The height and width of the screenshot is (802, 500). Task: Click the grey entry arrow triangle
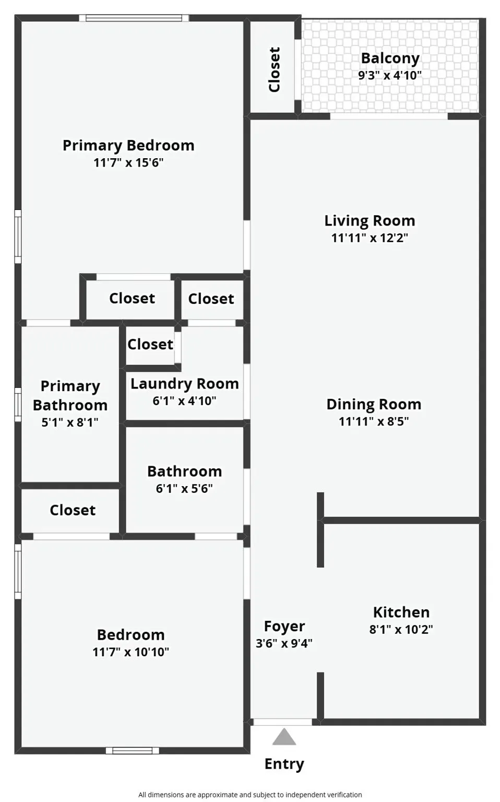[284, 737]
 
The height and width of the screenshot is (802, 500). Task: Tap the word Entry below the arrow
[284, 764]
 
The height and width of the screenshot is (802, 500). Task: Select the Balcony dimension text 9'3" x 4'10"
[389, 75]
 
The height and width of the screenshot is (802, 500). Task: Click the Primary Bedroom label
[128, 145]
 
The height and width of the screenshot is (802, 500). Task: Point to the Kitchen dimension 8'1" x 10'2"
[401, 630]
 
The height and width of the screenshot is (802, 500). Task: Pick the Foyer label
[284, 626]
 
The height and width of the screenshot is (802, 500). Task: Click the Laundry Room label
[184, 384]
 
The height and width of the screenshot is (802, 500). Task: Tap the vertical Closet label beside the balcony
[275, 69]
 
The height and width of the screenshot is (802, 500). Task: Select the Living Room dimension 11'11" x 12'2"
[370, 238]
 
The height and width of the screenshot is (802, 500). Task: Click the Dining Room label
[374, 404]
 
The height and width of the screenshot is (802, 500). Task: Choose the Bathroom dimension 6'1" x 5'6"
[184, 489]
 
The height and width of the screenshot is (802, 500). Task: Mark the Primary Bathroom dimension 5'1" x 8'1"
[70, 422]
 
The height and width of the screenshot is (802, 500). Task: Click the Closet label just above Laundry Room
[150, 345]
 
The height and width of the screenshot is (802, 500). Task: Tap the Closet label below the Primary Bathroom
[73, 510]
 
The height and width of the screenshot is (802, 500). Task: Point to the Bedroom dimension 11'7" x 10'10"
[130, 652]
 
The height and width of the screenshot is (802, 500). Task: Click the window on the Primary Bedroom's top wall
[134, 18]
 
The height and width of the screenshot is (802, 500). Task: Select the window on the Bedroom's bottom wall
[132, 751]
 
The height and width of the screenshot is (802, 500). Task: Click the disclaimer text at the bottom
[250, 795]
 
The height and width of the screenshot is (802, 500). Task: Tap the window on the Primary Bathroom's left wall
[18, 404]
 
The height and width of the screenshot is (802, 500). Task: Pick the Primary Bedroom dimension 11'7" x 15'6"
[128, 162]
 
